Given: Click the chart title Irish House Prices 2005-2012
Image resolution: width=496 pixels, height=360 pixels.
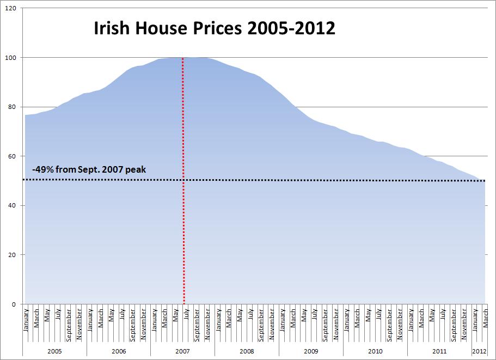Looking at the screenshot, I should tap(215, 28).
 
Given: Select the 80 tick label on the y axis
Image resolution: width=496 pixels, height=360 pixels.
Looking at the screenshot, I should tap(11, 107).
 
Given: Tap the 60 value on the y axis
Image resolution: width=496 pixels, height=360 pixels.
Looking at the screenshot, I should tap(11, 156).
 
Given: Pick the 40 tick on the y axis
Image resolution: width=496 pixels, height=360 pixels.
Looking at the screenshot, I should tap(11, 205).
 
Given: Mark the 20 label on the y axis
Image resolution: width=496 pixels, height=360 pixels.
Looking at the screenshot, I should tap(11, 255).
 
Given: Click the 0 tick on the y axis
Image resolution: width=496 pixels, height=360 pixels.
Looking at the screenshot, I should tap(14, 304).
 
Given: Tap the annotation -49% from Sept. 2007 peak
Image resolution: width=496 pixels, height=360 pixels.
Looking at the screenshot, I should tap(89, 169).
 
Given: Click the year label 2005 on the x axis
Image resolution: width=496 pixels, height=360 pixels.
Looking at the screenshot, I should tap(54, 351).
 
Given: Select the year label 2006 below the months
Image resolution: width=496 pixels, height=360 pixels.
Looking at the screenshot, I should tap(119, 351).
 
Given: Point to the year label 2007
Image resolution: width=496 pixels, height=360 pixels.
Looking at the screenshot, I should tap(183, 351).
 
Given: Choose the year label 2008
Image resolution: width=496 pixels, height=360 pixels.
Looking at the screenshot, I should tap(247, 351).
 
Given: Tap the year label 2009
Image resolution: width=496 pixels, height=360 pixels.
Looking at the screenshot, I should tap(311, 351).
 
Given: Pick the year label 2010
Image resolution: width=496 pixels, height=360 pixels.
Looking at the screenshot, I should tap(375, 351).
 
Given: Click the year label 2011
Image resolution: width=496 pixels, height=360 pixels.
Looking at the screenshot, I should tap(439, 351).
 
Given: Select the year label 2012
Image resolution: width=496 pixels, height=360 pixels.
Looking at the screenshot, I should tap(479, 351).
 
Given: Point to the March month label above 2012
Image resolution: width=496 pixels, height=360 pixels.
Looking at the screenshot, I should tap(485, 319).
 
